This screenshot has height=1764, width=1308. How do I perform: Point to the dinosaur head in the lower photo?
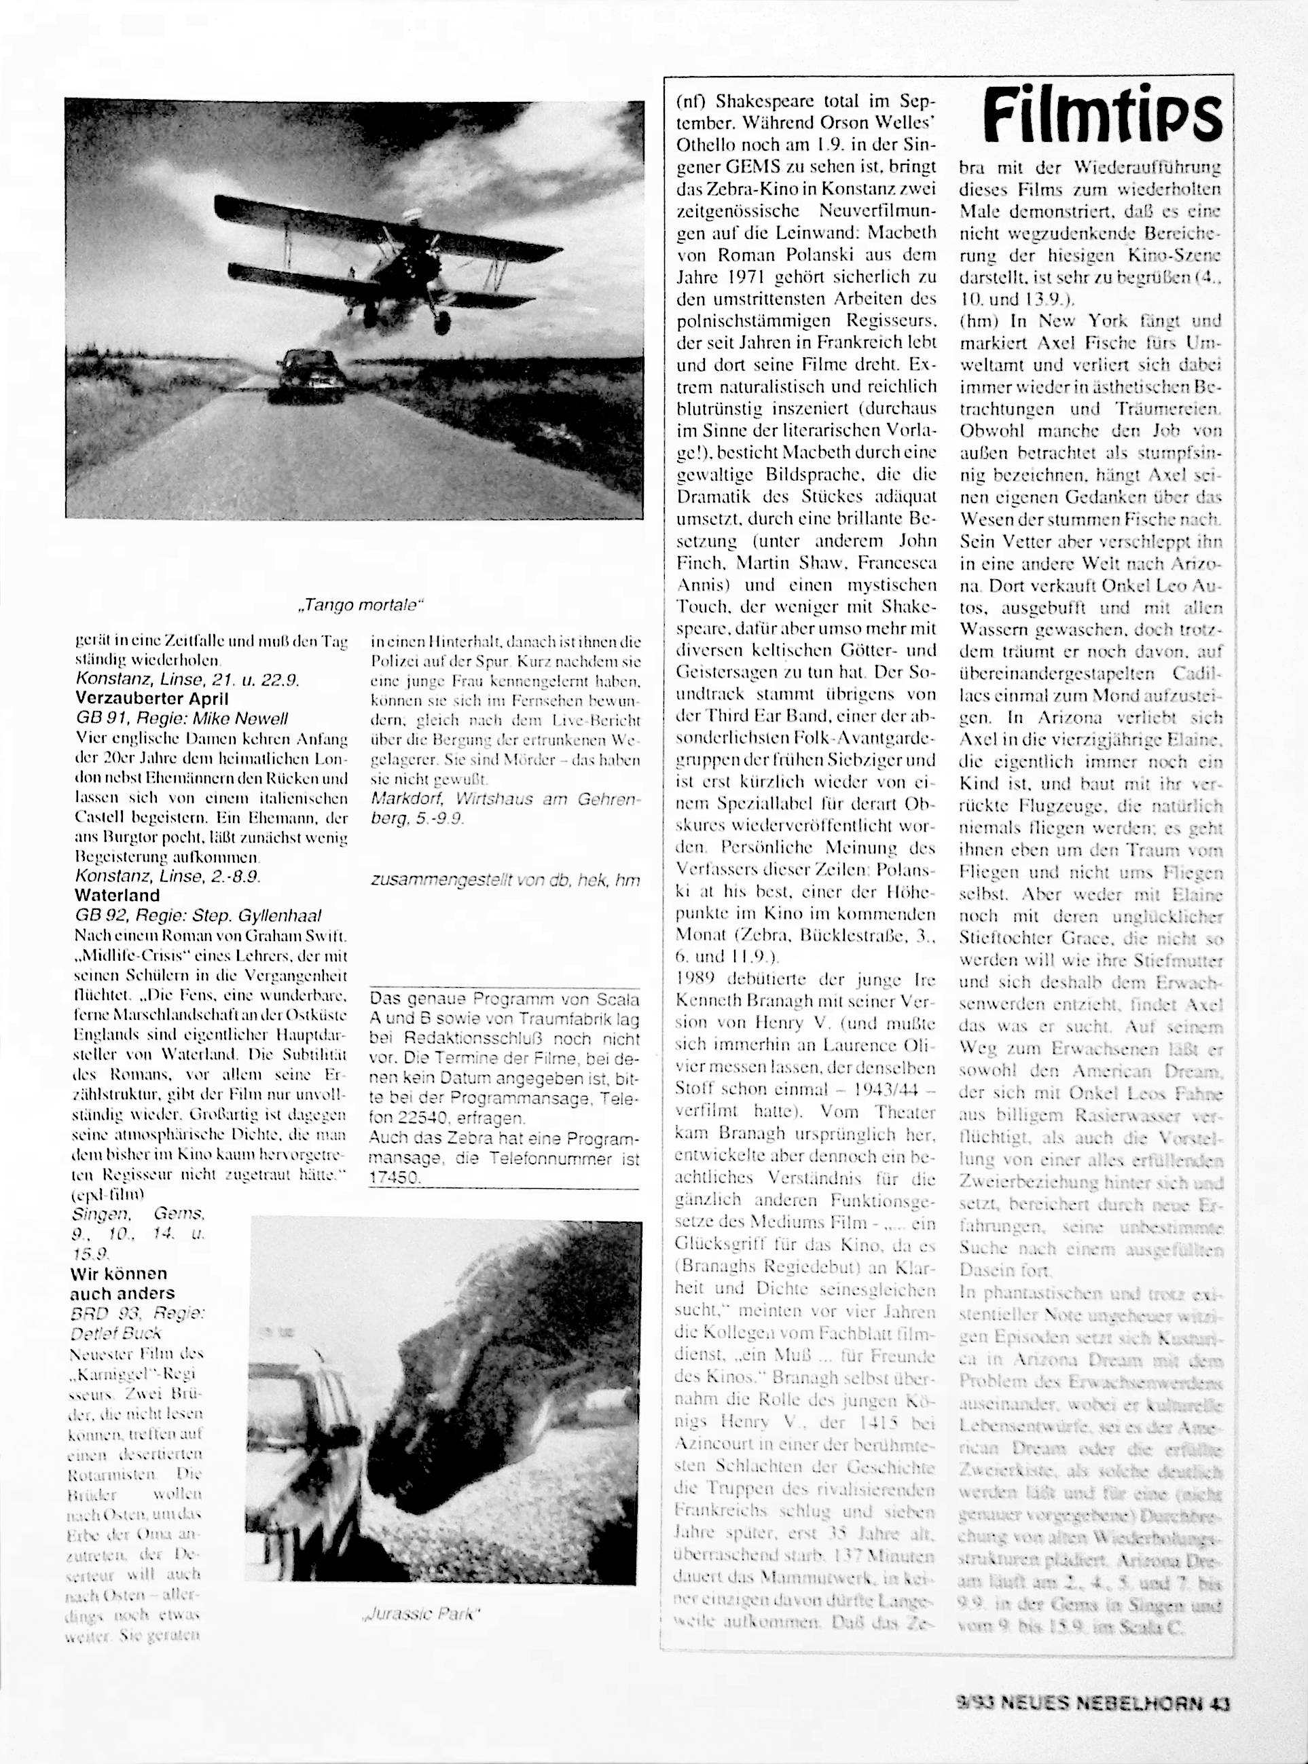pyautogui.click(x=491, y=1377)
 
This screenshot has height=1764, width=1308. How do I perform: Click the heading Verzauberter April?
pyautogui.click(x=152, y=698)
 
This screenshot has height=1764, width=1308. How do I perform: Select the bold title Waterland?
pyautogui.click(x=117, y=895)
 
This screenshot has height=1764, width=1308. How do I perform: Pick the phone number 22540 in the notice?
pyautogui.click(x=424, y=1119)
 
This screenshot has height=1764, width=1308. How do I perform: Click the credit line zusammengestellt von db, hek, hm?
pyautogui.click(x=505, y=879)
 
